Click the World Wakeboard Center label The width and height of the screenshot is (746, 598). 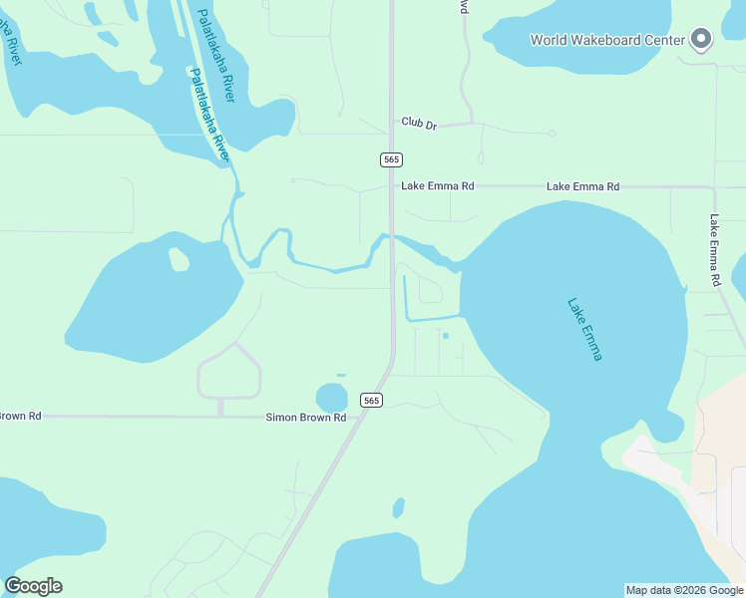(x=607, y=40)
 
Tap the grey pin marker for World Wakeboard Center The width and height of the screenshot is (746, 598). (x=701, y=39)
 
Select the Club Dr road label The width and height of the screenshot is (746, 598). (x=419, y=123)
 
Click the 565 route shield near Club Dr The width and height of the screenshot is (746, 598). (x=391, y=159)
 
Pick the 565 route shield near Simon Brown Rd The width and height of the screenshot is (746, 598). (x=371, y=400)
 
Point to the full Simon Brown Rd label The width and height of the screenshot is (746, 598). (x=305, y=418)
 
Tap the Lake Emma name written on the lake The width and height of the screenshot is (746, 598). (x=584, y=329)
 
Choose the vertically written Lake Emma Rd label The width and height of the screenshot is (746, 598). (x=715, y=250)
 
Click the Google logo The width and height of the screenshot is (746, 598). (x=33, y=585)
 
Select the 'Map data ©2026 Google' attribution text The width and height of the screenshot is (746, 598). (x=684, y=590)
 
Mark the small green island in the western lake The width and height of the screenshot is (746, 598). (x=179, y=259)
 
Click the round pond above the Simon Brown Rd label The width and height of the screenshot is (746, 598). (x=331, y=397)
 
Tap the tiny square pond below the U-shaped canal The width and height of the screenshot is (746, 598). (x=445, y=336)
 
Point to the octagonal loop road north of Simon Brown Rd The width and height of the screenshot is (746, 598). (x=229, y=372)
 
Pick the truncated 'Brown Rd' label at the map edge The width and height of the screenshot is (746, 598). (x=20, y=416)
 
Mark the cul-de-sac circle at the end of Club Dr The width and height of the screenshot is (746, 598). (x=552, y=133)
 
